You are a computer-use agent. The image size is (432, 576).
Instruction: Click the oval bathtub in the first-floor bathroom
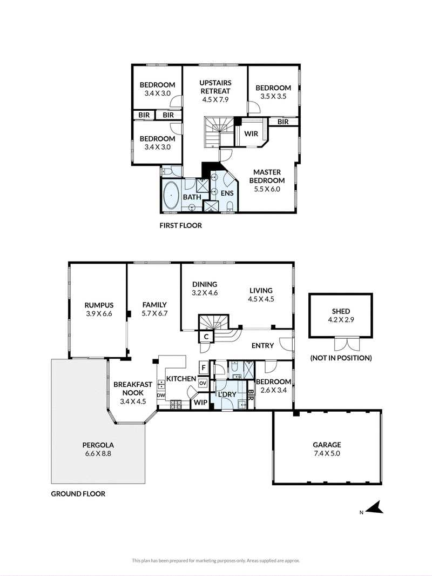point(171,196)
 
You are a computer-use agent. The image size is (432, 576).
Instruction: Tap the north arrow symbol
point(374,508)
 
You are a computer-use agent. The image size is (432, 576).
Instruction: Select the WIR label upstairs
point(251,133)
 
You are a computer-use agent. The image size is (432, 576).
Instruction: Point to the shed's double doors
point(346,344)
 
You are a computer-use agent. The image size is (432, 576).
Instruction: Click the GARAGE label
point(327,445)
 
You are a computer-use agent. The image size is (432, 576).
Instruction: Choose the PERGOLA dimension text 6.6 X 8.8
point(98,454)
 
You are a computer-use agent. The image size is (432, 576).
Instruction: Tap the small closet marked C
point(206,336)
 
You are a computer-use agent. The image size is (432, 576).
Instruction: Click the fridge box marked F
point(204,367)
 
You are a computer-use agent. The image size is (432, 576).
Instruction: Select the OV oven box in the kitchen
point(203,383)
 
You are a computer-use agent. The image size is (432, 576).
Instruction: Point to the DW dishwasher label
point(161,396)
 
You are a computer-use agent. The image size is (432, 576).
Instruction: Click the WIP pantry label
point(200,403)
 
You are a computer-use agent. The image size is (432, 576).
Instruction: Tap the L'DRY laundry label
point(227,394)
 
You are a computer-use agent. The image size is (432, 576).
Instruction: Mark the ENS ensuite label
point(227,193)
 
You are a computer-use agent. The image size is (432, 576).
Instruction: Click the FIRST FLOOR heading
point(180,225)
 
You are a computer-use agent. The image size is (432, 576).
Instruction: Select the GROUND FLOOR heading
point(78,494)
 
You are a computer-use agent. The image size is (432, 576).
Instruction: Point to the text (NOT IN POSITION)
point(341,358)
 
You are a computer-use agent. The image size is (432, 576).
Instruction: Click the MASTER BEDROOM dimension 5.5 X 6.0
point(267,189)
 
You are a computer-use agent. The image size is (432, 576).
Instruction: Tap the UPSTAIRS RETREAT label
point(215,86)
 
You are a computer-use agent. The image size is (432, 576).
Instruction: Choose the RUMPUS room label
point(99,305)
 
